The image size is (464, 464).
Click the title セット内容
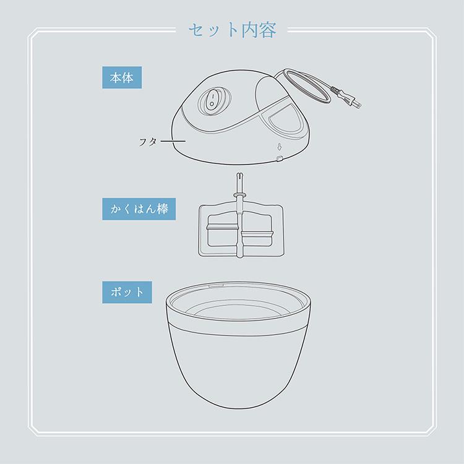(232, 30)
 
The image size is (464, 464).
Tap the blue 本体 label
(122, 77)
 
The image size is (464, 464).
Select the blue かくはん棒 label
(139, 209)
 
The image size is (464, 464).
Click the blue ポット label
(127, 293)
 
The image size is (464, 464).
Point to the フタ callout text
(148, 142)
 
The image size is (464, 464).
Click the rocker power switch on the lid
(212, 102)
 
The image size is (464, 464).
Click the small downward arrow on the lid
(279, 147)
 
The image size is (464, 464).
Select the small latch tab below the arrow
(278, 159)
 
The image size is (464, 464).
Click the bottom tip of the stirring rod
(240, 256)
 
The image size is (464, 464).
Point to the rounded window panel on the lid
(285, 121)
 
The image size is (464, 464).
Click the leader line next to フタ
(173, 141)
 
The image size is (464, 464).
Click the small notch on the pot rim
(216, 286)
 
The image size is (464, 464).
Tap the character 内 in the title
(250, 30)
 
